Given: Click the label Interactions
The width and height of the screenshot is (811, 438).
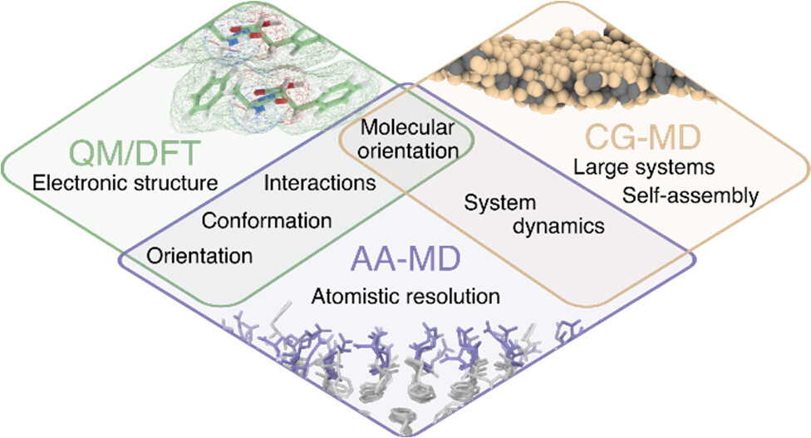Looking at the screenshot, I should (317, 181).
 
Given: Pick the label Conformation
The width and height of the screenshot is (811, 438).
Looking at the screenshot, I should (267, 221).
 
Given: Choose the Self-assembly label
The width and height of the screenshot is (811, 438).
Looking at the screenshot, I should (690, 196).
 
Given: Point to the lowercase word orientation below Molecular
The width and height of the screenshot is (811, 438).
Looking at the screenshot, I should (409, 151).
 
